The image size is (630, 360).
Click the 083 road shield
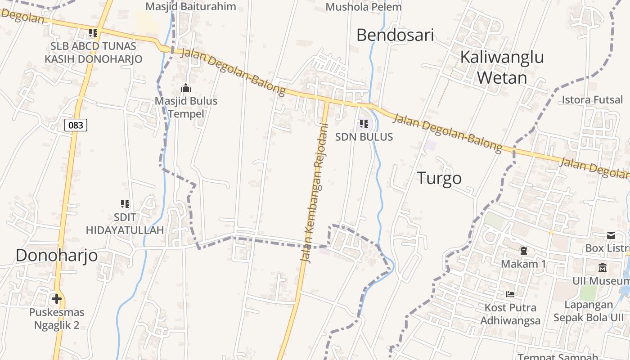point(76,125)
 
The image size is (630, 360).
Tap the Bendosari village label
point(395,35)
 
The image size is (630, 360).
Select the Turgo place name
point(439,178)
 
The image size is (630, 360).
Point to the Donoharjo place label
point(57,255)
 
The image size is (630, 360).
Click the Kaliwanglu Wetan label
point(502,67)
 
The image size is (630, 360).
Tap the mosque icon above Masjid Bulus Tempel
point(186,88)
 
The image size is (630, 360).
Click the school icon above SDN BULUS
point(364,124)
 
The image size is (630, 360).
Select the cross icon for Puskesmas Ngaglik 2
point(57,298)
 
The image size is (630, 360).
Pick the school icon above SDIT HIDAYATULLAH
point(125,204)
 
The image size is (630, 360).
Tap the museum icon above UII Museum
point(603,268)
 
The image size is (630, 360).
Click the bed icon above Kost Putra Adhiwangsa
point(510,294)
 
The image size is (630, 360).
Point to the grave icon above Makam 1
point(523,250)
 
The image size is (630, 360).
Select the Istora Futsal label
point(592,99)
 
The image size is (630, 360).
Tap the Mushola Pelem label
point(364,7)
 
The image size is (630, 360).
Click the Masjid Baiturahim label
point(191,6)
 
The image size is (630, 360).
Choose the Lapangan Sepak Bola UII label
point(589,311)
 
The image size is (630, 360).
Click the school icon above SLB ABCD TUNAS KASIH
point(93,32)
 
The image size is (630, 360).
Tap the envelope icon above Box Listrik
point(611,235)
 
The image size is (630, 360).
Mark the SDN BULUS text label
point(364,137)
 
